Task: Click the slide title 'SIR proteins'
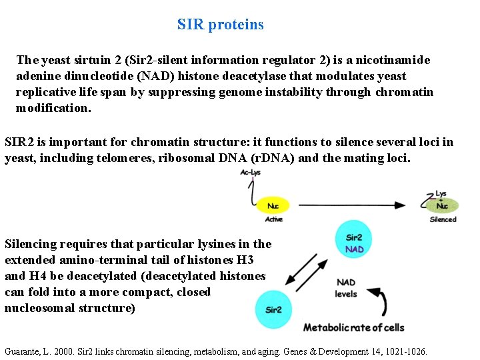pyautogui.click(x=220, y=25)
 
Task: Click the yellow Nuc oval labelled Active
pyautogui.click(x=273, y=206)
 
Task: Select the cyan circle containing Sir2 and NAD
pyautogui.click(x=354, y=243)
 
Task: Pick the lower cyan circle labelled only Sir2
pyautogui.click(x=273, y=309)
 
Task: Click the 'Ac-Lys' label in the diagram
pyautogui.click(x=251, y=173)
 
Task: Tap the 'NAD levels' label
pyautogui.click(x=347, y=288)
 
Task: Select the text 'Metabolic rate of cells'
pyautogui.click(x=353, y=327)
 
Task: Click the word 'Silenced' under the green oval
pyautogui.click(x=443, y=219)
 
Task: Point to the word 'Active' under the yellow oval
pyautogui.click(x=274, y=219)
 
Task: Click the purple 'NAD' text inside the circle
pyautogui.click(x=355, y=249)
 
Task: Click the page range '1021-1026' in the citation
pyautogui.click(x=404, y=351)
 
